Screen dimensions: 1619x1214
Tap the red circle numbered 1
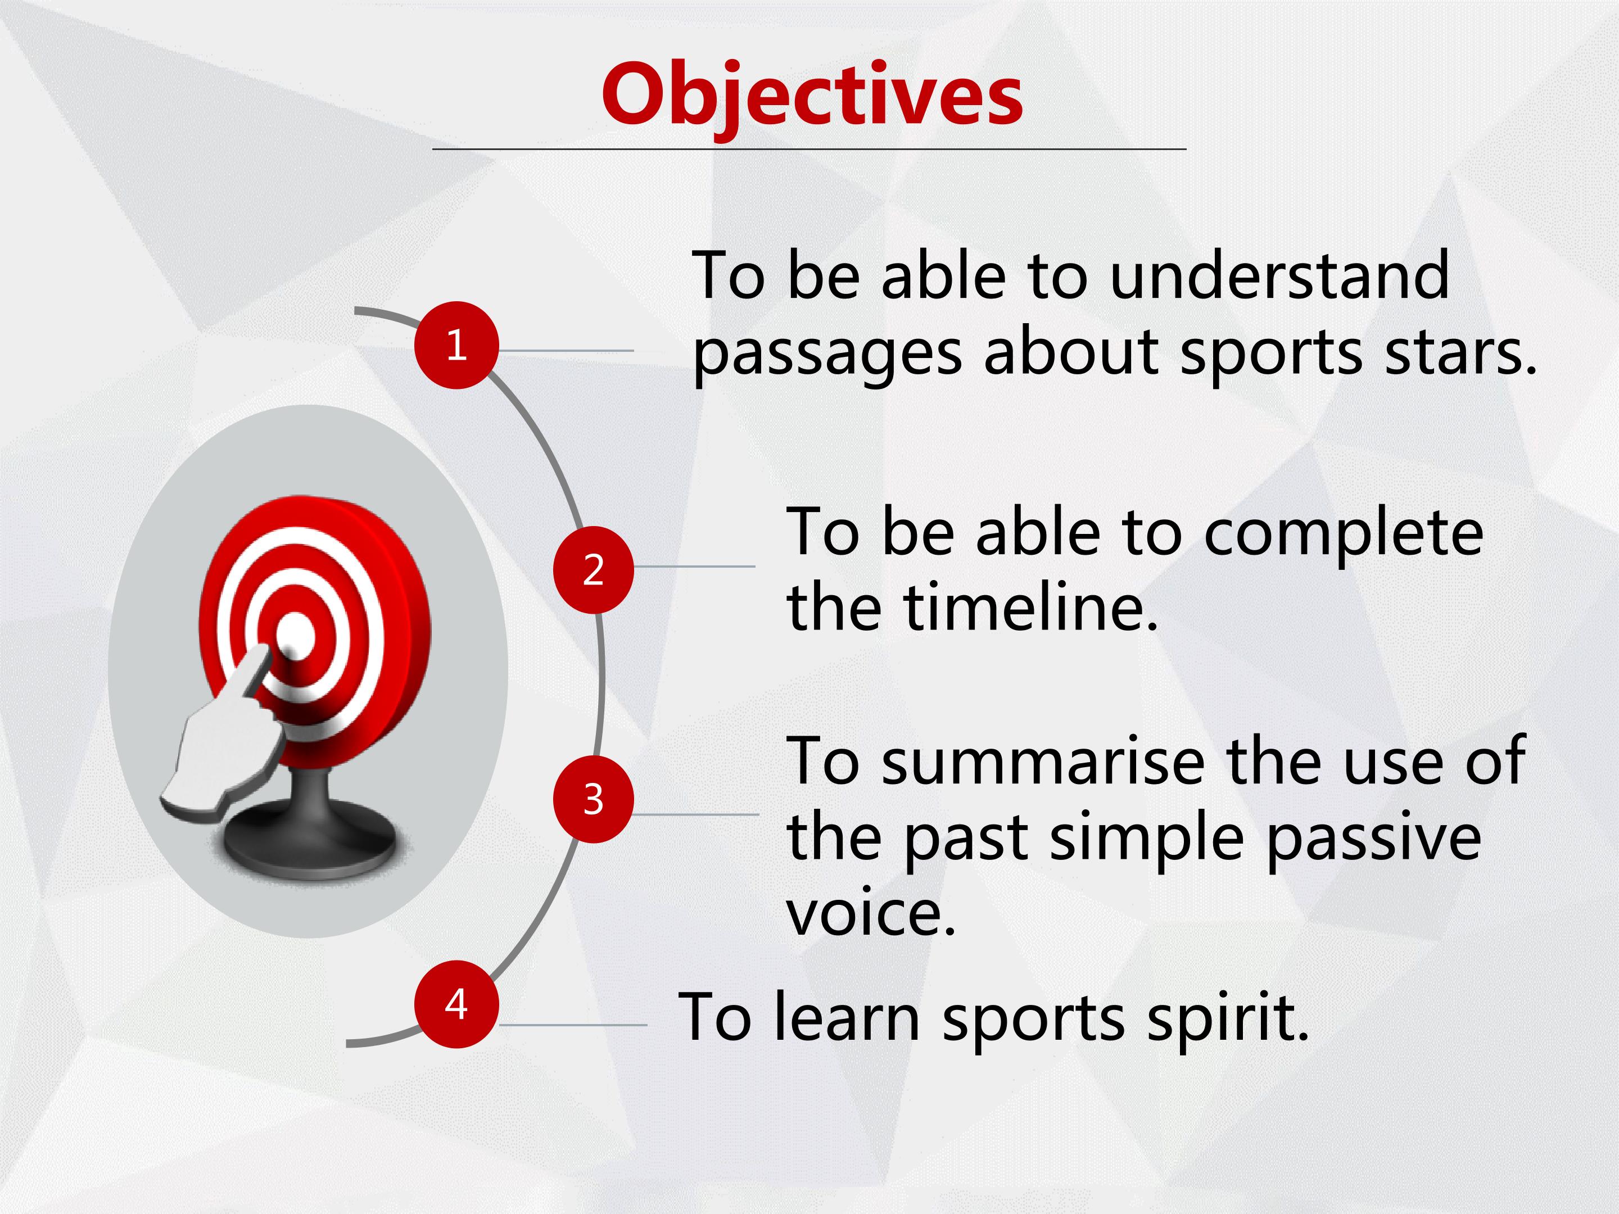point(456,345)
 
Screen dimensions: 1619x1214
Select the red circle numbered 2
point(594,569)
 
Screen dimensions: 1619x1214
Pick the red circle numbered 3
point(594,799)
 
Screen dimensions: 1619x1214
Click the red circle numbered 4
point(456,1004)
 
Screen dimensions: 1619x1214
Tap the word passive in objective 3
point(1374,839)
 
